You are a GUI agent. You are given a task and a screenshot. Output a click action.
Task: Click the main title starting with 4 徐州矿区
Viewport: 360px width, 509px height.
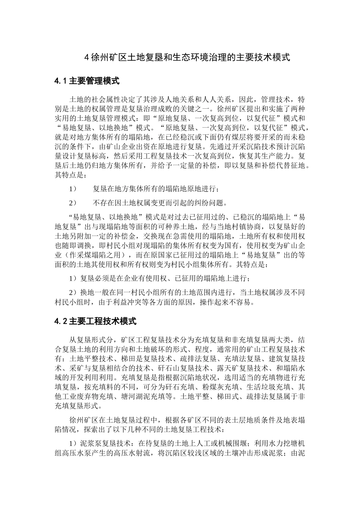(187, 58)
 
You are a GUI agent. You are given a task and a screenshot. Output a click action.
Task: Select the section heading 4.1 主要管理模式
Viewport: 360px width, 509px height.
(87, 81)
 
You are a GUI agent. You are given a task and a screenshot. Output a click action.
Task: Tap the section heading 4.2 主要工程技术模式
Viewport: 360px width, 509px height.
(95, 322)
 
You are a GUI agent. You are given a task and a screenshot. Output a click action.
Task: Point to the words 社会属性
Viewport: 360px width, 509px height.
(111, 100)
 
